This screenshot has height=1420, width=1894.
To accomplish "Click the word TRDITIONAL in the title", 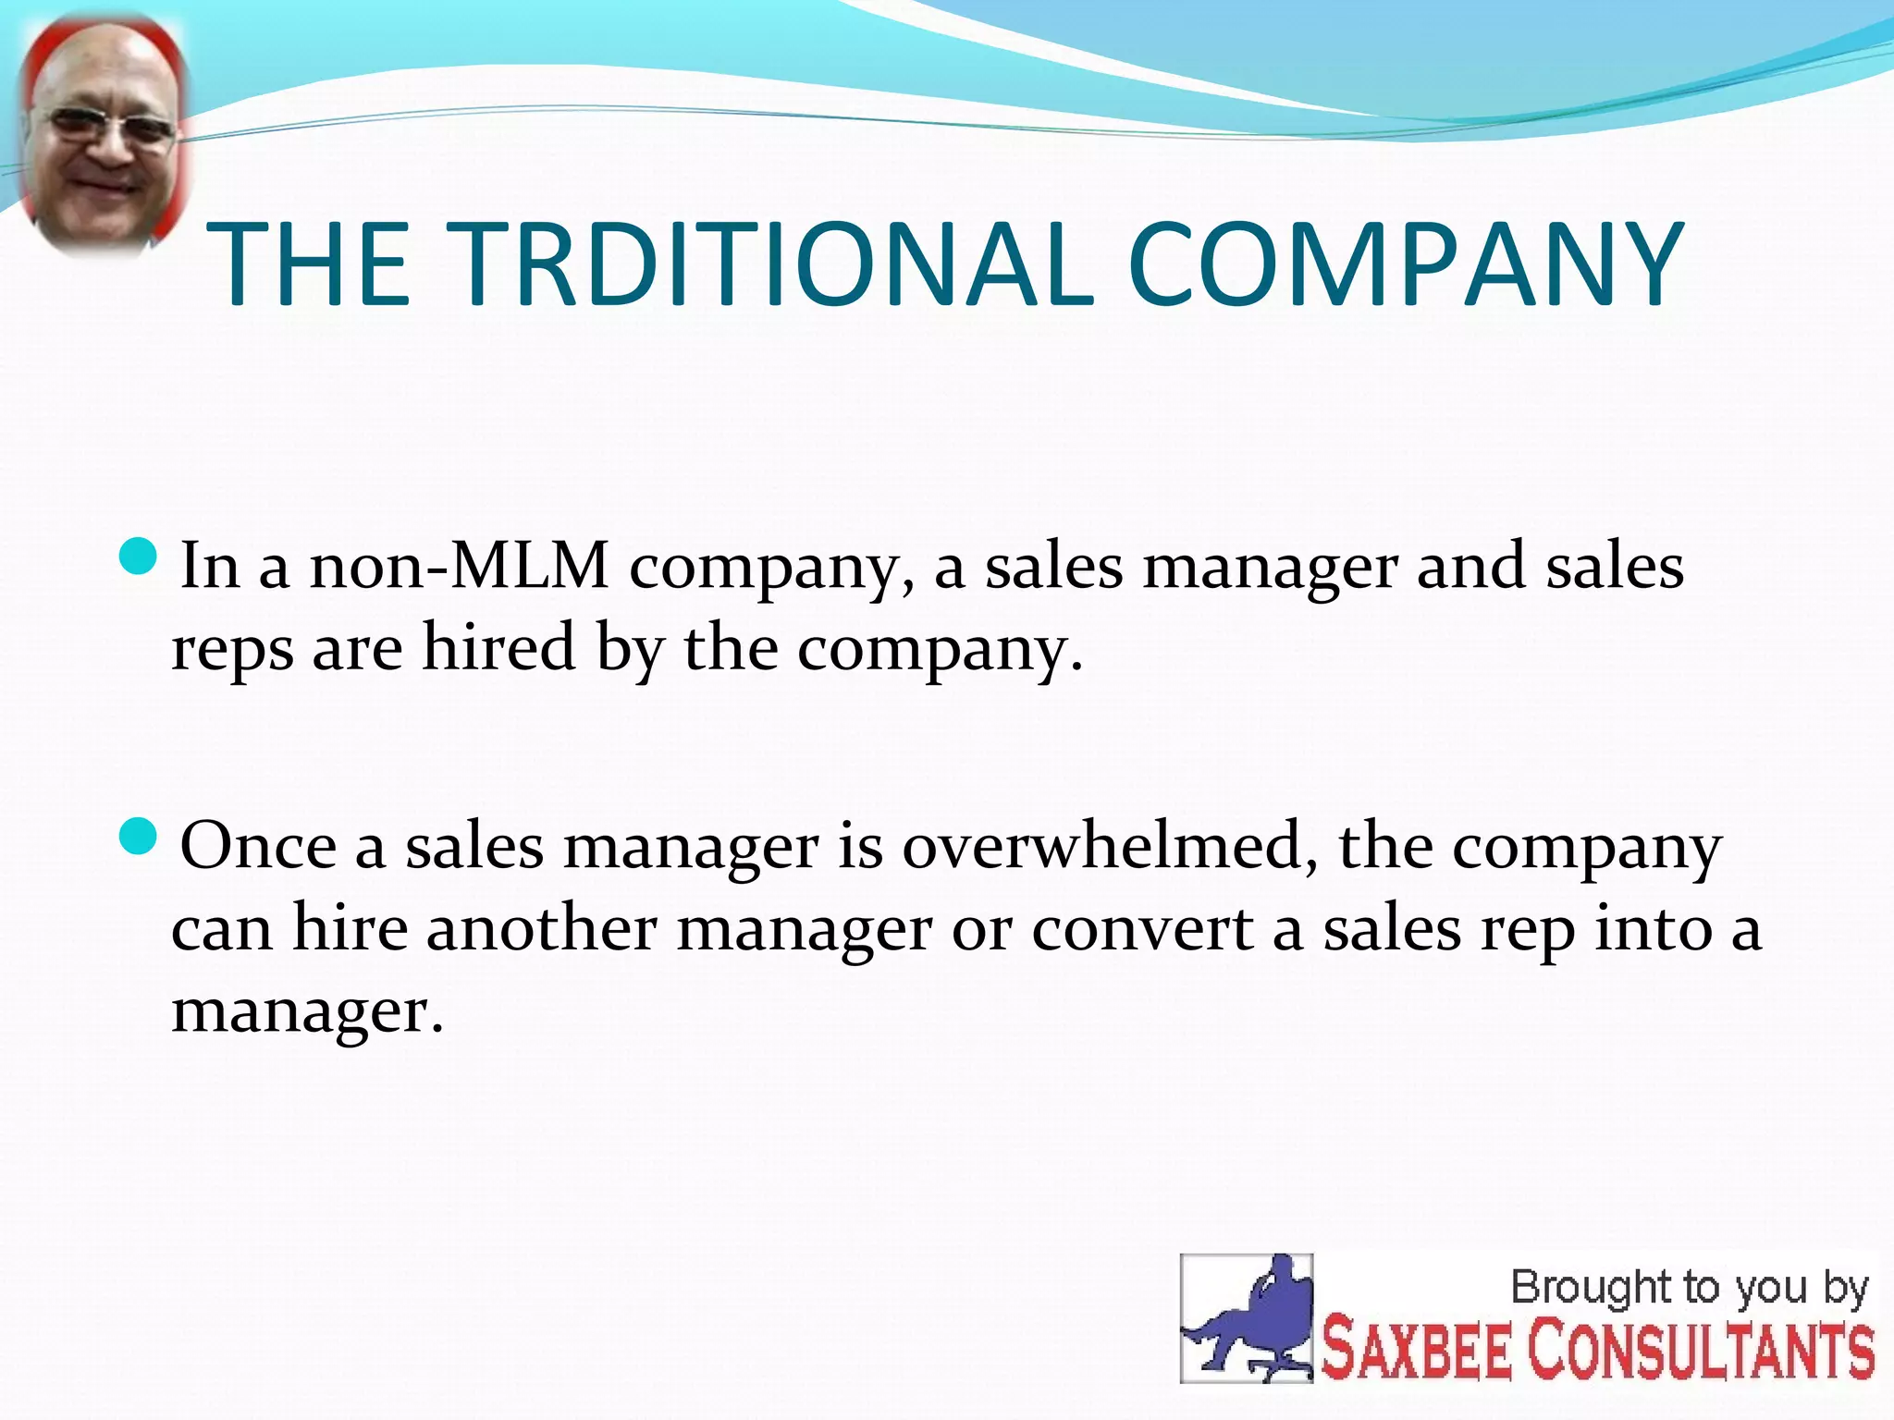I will [775, 264].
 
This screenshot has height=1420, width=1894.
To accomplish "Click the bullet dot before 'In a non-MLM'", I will [140, 557].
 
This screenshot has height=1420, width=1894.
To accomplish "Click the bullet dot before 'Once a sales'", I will [140, 837].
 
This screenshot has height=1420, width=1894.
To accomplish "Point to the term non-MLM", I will [459, 566].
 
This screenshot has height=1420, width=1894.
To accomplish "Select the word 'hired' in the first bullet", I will [499, 647].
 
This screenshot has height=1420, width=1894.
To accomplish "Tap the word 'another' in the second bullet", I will [541, 928].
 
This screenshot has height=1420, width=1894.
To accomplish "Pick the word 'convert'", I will [1142, 928].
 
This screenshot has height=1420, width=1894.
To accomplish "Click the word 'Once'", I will [258, 845].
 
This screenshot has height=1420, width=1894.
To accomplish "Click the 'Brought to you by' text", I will [1689, 1288].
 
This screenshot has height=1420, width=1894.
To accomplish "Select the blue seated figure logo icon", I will [1247, 1318].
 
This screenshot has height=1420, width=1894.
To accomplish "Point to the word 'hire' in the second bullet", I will [350, 928].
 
